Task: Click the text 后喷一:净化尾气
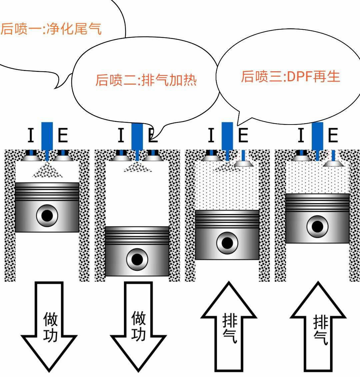pyautogui.click(x=51, y=29)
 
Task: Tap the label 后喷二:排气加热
pyautogui.click(x=146, y=80)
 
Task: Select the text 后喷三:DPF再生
pyautogui.click(x=290, y=76)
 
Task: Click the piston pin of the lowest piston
pyautogui.click(x=137, y=259)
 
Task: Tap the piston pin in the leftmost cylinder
pyautogui.click(x=47, y=215)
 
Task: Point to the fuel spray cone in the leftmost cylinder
pyautogui.click(x=47, y=171)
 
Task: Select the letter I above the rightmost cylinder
pyautogui.click(x=301, y=136)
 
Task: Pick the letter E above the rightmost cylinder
pyautogui.click(x=333, y=136)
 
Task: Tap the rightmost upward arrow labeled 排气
pyautogui.click(x=318, y=328)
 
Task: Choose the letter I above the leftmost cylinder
pyautogui.click(x=30, y=136)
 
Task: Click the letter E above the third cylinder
pyautogui.click(x=243, y=136)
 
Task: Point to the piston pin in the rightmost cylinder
pyautogui.click(x=317, y=226)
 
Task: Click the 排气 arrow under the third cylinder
pyautogui.click(x=229, y=328)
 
